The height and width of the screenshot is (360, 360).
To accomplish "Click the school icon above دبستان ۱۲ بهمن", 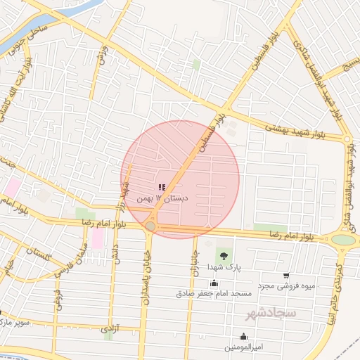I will point(162,187).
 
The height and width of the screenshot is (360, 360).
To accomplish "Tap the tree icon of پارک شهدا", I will point(223,255).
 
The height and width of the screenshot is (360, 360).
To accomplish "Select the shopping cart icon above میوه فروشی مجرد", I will point(285,276).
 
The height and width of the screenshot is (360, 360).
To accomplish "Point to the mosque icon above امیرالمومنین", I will point(243,337).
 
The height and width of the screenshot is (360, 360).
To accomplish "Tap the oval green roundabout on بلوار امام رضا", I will point(343,240).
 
